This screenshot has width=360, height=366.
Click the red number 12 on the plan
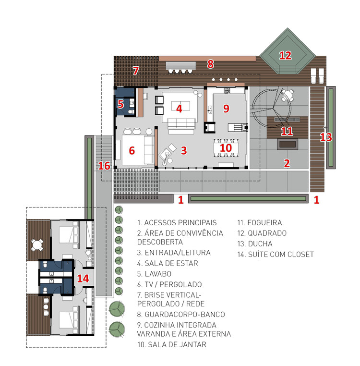(285, 56)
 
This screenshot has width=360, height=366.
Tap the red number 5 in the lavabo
(120, 104)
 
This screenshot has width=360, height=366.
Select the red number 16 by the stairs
(104, 166)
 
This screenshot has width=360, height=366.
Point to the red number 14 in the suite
(83, 278)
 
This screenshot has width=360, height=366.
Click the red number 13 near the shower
(326, 137)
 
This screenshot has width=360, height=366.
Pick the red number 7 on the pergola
(136, 71)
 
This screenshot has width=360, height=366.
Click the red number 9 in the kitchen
(226, 108)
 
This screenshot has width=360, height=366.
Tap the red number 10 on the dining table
(226, 148)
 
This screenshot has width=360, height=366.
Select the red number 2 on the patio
(287, 163)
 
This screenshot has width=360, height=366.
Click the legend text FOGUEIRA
(264, 223)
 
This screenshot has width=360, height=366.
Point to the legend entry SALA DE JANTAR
(177, 344)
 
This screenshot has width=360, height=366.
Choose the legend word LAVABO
(158, 274)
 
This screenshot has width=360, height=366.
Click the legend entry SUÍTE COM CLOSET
(281, 254)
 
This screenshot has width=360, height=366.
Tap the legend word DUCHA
(260, 244)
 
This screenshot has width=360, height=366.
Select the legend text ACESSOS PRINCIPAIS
(180, 223)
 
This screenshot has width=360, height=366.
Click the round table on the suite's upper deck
(37, 245)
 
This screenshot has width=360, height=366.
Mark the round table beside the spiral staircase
(288, 95)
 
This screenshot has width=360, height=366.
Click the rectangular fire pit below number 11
(288, 144)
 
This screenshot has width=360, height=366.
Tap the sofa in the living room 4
(181, 124)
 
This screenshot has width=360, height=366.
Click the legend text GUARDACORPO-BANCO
(185, 315)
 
